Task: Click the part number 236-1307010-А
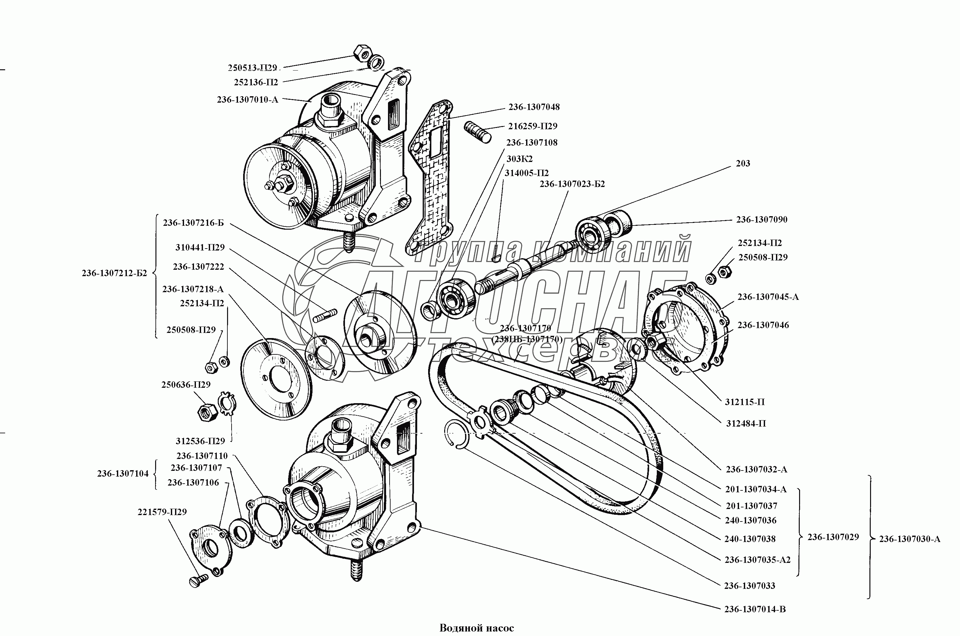pyautogui.click(x=248, y=99)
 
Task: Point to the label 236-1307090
pyautogui.click(x=762, y=219)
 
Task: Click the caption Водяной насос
pyautogui.click(x=477, y=628)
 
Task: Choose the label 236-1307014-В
pyautogui.click(x=755, y=621)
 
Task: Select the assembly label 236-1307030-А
pyautogui.click(x=910, y=539)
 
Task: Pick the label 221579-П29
pyautogui.click(x=162, y=512)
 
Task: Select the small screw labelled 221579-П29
pyautogui.click(x=198, y=581)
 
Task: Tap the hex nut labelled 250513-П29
pyautogui.click(x=361, y=52)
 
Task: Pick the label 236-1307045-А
pyautogui.click(x=768, y=297)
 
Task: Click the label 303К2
pyautogui.click(x=519, y=158)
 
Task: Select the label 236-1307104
pyautogui.click(x=123, y=473)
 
